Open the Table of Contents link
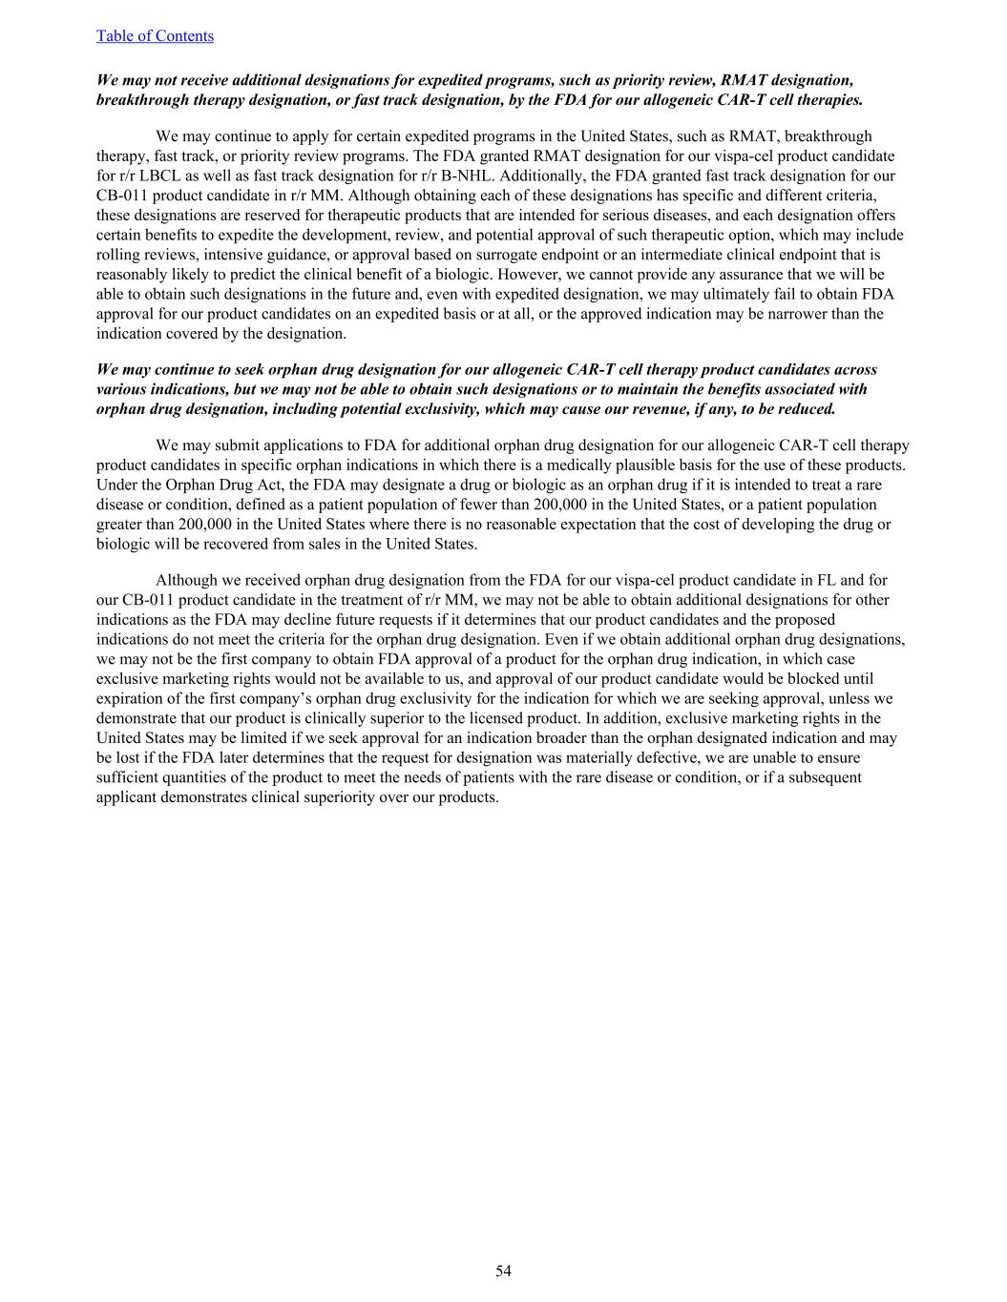tap(155, 36)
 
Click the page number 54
tap(503, 1271)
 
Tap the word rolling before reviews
tap(117, 255)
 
